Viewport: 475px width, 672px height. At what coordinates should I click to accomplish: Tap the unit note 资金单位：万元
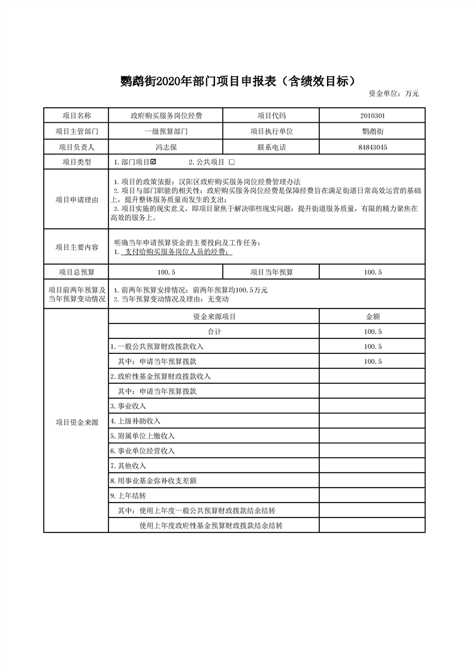(394, 93)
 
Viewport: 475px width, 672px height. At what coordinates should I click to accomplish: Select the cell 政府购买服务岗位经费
(166, 116)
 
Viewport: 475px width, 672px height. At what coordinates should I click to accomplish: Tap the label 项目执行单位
(271, 131)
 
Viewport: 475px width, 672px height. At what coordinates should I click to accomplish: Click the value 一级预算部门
(166, 131)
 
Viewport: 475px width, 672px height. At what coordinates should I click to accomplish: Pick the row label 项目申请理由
(77, 199)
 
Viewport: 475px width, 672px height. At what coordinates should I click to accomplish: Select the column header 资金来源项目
(214, 316)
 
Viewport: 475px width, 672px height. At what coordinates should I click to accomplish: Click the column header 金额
(373, 316)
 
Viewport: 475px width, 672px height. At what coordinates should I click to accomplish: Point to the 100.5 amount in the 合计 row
(373, 331)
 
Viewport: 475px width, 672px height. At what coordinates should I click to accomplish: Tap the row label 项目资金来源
(77, 422)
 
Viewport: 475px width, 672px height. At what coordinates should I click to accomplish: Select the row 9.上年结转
(128, 496)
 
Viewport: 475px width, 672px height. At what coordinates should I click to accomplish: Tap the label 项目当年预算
(271, 272)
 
